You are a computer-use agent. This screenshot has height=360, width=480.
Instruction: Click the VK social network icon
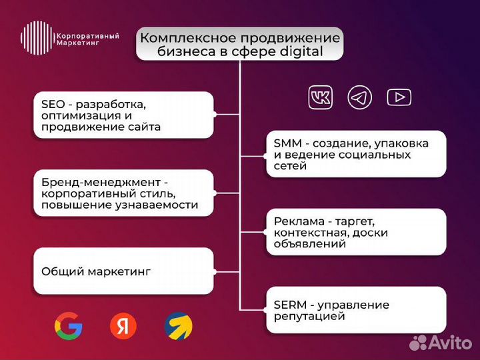321,98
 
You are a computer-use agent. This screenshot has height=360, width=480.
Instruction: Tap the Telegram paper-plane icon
360,98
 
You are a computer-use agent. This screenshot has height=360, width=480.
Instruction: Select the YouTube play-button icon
399,98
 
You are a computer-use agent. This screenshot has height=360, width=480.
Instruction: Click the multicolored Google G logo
69,326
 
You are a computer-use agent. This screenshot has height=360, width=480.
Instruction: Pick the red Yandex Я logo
123,326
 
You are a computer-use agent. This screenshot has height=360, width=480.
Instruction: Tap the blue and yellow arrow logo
178,326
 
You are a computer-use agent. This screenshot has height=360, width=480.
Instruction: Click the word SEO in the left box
53,104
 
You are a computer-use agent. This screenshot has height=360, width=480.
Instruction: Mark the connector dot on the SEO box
214,115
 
